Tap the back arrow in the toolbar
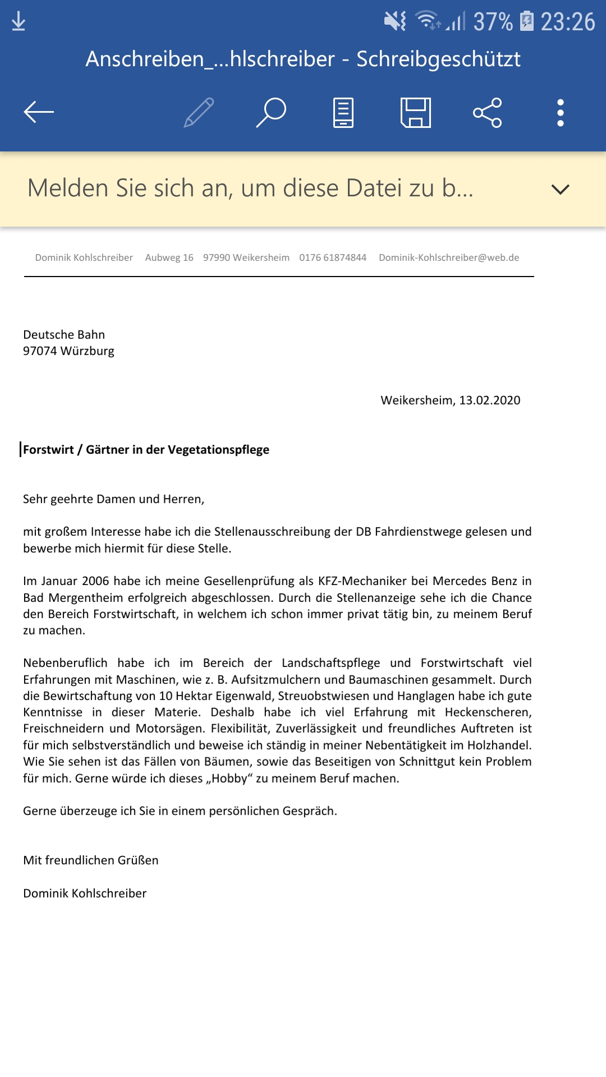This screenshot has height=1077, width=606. tap(39, 112)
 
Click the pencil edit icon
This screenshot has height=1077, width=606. tap(199, 112)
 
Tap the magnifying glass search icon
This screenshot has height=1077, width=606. tap(272, 112)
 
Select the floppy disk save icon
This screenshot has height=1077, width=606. tap(416, 112)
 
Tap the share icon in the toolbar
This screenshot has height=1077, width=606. tap(487, 112)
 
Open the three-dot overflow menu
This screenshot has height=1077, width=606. tap(560, 112)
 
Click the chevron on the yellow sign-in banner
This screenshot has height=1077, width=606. tap(560, 189)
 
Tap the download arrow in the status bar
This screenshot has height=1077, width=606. tap(19, 21)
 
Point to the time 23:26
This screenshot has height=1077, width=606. tap(567, 22)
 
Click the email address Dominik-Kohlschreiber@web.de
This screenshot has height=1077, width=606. tap(449, 257)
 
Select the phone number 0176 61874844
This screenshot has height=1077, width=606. tap(333, 257)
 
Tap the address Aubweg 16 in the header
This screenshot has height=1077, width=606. tap(169, 257)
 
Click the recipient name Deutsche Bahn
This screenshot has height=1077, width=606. tap(64, 335)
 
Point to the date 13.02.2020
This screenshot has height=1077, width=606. tap(489, 401)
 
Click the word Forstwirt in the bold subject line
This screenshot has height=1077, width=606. tap(49, 450)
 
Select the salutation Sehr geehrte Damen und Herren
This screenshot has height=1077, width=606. tap(113, 499)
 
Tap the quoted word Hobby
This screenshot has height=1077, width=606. tap(229, 779)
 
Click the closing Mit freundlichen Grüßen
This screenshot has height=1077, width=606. tap(91, 860)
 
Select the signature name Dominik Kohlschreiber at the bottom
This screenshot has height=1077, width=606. tap(85, 894)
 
